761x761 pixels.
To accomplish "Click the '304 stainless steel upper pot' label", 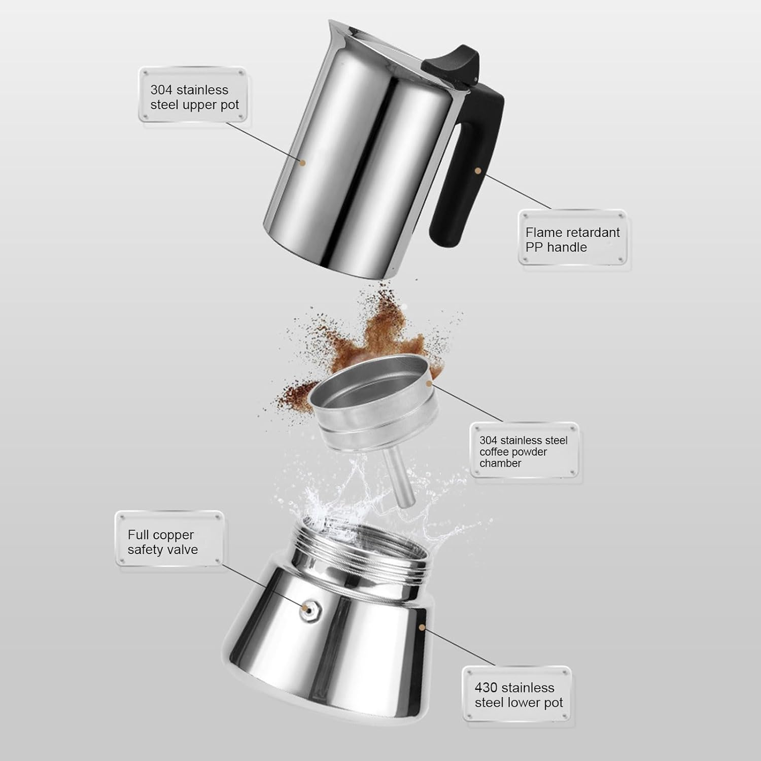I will tap(194, 97).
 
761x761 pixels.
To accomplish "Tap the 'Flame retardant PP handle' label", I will tap(572, 239).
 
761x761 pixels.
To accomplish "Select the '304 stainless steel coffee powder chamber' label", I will tap(524, 452).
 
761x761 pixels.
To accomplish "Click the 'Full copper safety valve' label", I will tap(162, 542).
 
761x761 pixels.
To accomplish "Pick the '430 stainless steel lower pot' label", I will tap(518, 695).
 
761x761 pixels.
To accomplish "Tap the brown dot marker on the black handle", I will tap(477, 171).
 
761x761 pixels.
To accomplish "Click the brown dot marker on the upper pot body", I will tap(303, 163).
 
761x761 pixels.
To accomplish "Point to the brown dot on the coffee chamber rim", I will tap(430, 384).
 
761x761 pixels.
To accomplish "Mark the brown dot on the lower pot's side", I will tap(422, 628).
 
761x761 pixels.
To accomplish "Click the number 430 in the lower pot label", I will tap(486, 688).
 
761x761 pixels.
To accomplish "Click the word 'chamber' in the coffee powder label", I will tap(500, 463).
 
